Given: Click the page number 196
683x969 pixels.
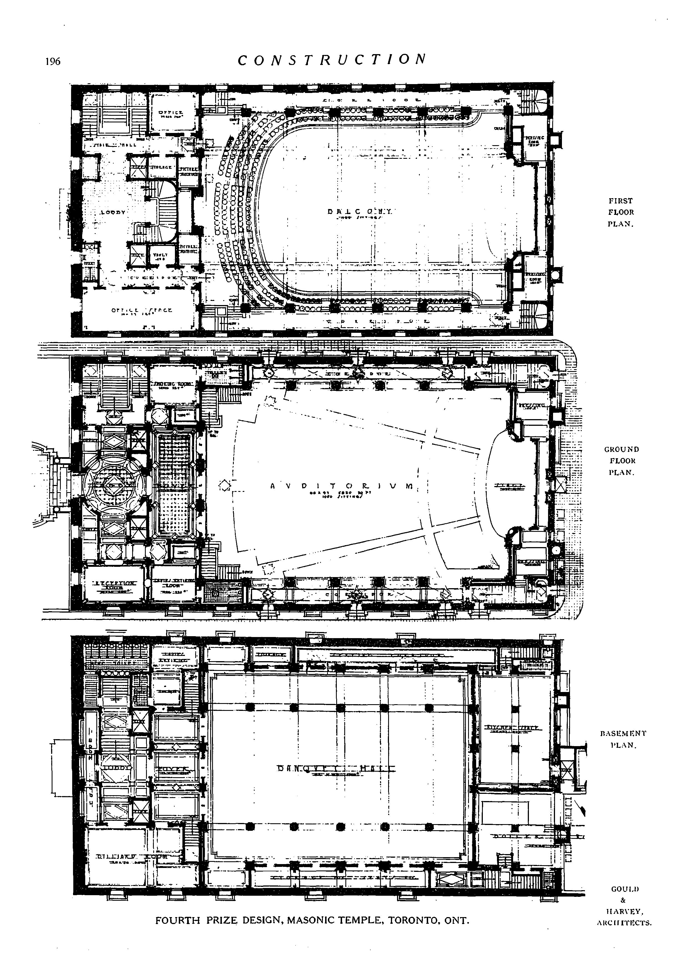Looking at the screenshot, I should point(53,62).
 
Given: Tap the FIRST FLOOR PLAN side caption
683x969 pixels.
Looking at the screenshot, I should point(621,212).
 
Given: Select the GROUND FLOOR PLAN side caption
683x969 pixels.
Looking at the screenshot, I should point(621,461).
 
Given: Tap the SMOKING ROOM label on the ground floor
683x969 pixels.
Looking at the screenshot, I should point(172,384).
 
